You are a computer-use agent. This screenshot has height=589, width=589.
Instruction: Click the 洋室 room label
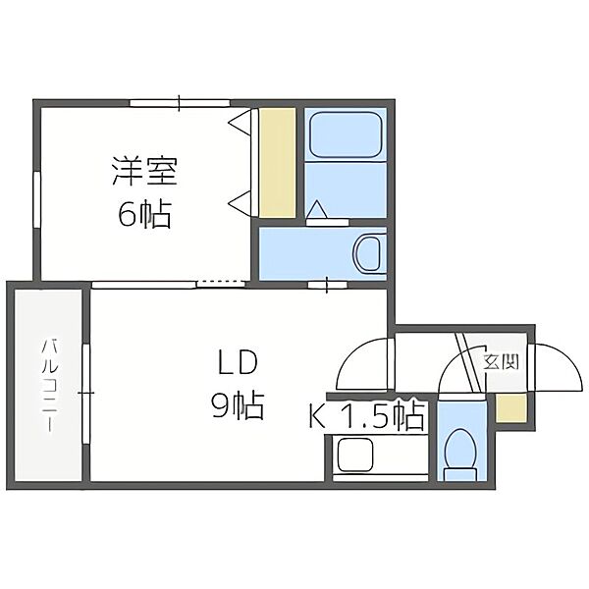click(x=143, y=172)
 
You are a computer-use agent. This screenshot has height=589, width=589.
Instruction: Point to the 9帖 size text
click(x=237, y=404)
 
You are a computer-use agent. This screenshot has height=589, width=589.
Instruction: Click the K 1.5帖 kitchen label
click(x=367, y=416)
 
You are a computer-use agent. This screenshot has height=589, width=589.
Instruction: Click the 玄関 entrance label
click(x=502, y=362)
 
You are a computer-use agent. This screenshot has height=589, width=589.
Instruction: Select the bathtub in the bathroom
click(x=344, y=135)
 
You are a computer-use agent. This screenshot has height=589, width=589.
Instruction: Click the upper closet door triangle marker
click(x=240, y=122)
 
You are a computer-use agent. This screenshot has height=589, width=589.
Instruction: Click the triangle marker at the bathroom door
click(x=316, y=210)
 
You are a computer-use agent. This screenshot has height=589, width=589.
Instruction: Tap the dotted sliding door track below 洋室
click(x=220, y=284)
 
